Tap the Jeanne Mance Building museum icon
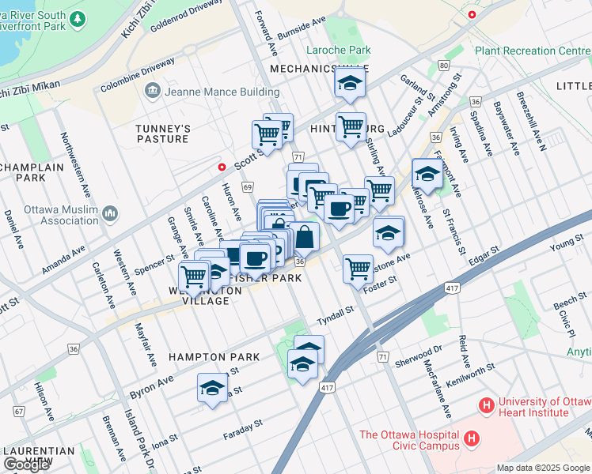click(151, 92)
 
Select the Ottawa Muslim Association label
click(54, 214)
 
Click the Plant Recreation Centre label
click(532, 51)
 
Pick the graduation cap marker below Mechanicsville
click(347, 83)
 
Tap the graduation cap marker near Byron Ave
click(211, 387)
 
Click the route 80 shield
click(444, 65)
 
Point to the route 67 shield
click(18, 412)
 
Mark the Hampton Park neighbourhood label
click(214, 357)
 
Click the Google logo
click(26, 465)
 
